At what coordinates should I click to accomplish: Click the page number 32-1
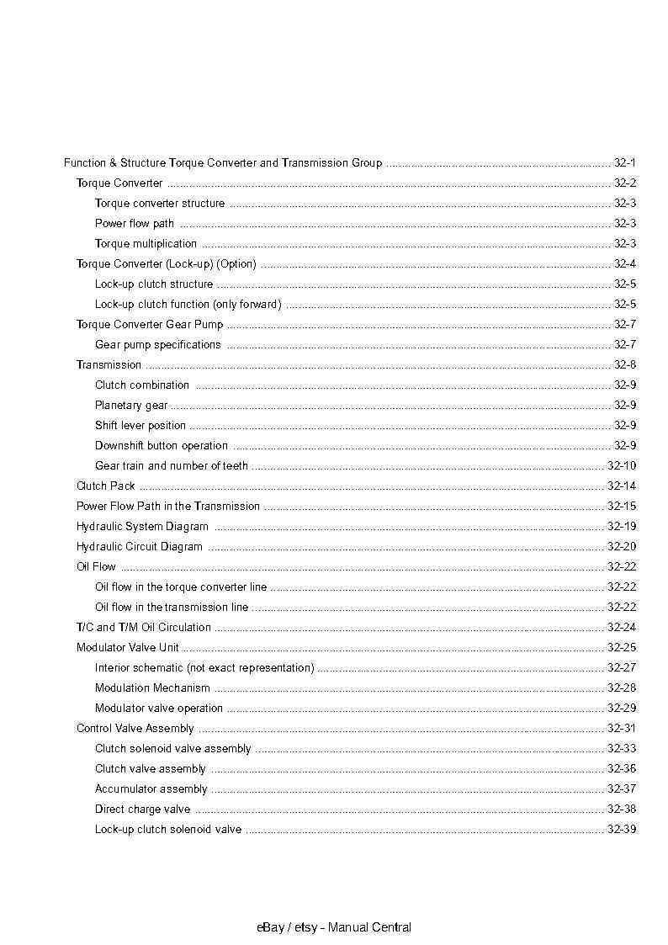tap(624, 162)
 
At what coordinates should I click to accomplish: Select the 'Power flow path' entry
tap(135, 223)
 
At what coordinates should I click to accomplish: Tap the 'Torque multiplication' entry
tap(146, 243)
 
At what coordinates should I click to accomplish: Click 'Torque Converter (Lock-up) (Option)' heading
tap(166, 263)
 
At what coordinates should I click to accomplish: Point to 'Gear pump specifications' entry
tap(157, 344)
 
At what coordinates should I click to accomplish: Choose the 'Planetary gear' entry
tap(130, 405)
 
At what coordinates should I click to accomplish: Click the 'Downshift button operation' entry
tap(161, 445)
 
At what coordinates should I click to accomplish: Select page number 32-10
tap(622, 465)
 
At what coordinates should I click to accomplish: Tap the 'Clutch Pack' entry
tap(105, 486)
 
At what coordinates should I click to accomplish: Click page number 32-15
tap(622, 506)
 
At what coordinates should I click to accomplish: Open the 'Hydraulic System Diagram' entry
tap(142, 526)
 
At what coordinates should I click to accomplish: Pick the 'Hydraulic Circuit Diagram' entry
tap(139, 546)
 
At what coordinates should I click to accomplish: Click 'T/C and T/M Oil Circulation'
tap(143, 627)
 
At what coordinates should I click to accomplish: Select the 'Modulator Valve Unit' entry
tap(127, 647)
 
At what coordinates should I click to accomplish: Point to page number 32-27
tap(622, 667)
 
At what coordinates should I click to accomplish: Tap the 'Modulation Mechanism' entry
tap(152, 688)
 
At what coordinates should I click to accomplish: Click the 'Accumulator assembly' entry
tap(151, 788)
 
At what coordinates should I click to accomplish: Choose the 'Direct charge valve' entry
tap(142, 809)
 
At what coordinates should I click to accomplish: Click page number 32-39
tap(622, 829)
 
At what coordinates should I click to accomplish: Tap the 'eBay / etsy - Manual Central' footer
tap(334, 927)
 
